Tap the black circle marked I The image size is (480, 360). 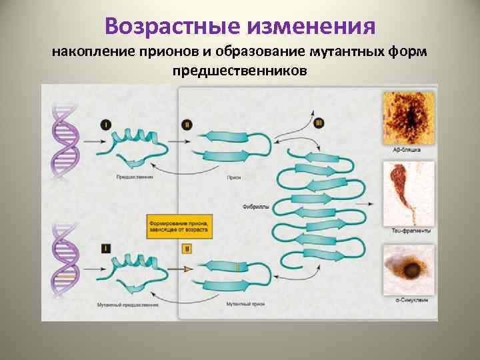click(x=107, y=125)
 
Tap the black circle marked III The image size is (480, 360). click(x=318, y=123)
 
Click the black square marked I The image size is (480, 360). click(x=107, y=248)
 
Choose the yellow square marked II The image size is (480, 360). click(x=186, y=248)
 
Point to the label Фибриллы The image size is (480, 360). click(x=256, y=207)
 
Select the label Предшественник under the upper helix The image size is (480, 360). click(x=135, y=177)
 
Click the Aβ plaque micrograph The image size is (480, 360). click(x=408, y=118)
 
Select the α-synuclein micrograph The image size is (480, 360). click(x=408, y=271)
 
